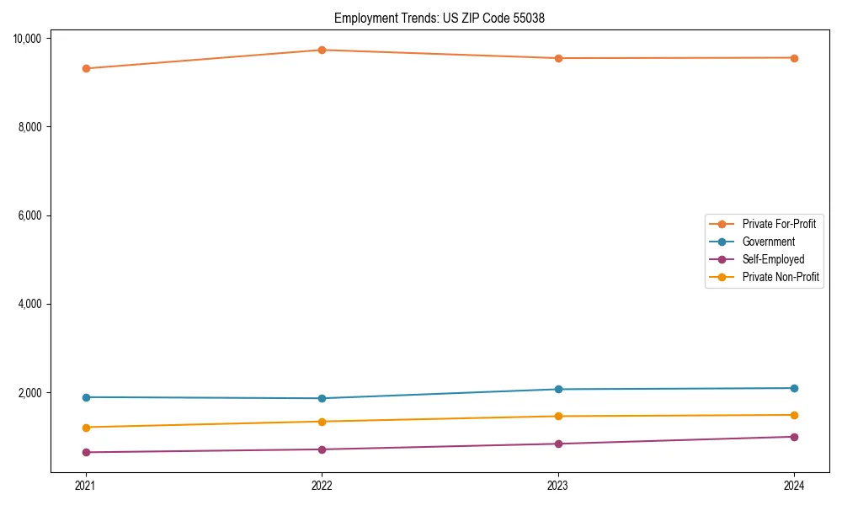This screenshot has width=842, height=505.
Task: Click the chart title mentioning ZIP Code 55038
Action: pyautogui.click(x=440, y=18)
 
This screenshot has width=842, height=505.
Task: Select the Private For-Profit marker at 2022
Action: pyautogui.click(x=322, y=50)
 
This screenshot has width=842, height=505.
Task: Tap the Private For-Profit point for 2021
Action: pyautogui.click(x=85, y=68)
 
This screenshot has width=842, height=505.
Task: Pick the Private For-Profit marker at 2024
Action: pyautogui.click(x=794, y=58)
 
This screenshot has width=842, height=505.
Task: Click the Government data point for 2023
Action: pyautogui.click(x=557, y=389)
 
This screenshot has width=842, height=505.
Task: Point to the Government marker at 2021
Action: pyautogui.click(x=85, y=397)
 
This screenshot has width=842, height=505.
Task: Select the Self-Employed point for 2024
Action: pyautogui.click(x=794, y=437)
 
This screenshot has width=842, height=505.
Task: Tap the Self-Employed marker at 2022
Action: pyautogui.click(x=322, y=449)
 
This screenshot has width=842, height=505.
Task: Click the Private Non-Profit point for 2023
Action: pyautogui.click(x=557, y=416)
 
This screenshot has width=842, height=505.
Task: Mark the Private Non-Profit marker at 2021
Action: pyautogui.click(x=85, y=428)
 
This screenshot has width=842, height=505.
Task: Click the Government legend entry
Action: pyautogui.click(x=768, y=242)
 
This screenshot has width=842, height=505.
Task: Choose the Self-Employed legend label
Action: pyautogui.click(x=773, y=259)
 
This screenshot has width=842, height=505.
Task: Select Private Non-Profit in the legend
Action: pyautogui.click(x=781, y=277)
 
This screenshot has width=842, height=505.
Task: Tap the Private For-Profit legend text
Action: pyautogui.click(x=778, y=224)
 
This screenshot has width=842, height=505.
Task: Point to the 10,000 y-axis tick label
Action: pyautogui.click(x=33, y=39)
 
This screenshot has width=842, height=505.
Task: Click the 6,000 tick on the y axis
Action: pyautogui.click(x=35, y=215)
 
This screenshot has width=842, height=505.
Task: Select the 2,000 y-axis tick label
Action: pyautogui.click(x=35, y=393)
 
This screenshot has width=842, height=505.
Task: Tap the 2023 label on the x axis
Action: pyautogui.click(x=557, y=486)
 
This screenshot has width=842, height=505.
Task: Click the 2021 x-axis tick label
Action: pyautogui.click(x=85, y=486)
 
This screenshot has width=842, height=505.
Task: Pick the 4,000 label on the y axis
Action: pyautogui.click(x=35, y=304)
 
